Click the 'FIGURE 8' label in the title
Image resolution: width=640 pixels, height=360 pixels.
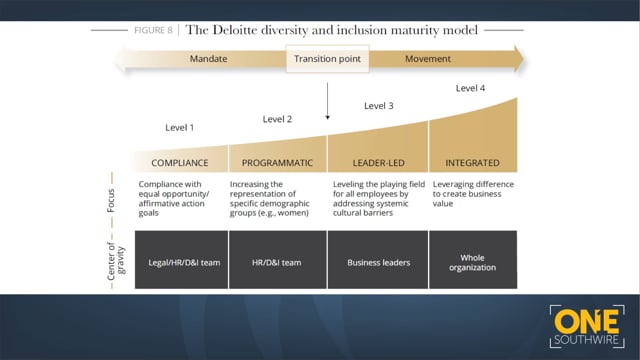click(153, 29)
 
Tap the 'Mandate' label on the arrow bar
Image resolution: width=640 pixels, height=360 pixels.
click(208, 59)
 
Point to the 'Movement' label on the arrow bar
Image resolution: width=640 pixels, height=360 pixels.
click(427, 59)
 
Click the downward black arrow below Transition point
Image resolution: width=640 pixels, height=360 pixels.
click(327, 100)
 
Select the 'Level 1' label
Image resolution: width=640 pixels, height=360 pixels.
click(179, 128)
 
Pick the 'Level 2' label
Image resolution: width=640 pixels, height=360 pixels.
click(277, 119)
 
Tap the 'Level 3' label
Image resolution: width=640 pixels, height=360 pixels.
click(378, 106)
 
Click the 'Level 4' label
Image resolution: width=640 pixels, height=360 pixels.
click(470, 88)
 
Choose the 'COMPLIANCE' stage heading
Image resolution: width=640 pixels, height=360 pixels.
click(179, 162)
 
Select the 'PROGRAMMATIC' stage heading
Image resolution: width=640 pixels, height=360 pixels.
click(278, 162)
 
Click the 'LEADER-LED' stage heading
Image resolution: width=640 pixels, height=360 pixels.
click(378, 162)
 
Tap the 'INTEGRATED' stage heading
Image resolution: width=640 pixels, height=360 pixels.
click(473, 162)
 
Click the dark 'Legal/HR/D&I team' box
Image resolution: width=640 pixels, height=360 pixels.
click(180, 262)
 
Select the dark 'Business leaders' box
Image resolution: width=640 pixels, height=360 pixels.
click(378, 262)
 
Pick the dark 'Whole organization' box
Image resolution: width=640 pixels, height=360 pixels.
click(472, 262)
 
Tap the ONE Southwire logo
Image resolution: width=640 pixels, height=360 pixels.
click(588, 320)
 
